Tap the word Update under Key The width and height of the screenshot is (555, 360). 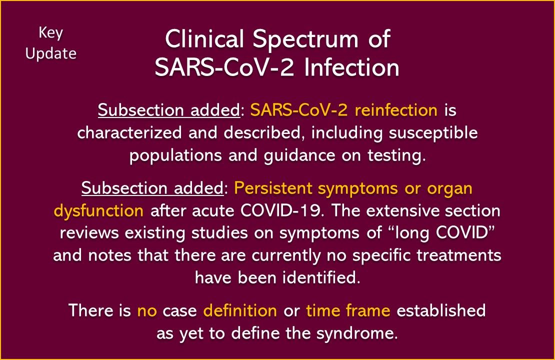coord(50,53)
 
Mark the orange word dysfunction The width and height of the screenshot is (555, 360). coord(98,210)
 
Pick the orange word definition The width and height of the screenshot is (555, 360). coord(240,310)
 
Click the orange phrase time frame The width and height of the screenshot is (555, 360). coord(348,310)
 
